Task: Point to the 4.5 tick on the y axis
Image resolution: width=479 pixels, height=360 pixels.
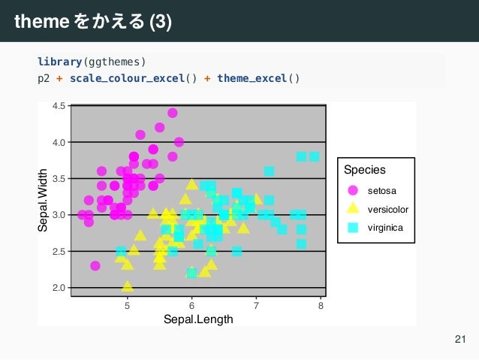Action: point(59,106)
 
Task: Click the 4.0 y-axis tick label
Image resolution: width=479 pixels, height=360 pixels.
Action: point(59,142)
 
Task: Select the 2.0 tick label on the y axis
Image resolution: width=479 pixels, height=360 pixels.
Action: point(59,288)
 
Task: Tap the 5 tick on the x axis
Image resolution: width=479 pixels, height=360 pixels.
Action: point(127,304)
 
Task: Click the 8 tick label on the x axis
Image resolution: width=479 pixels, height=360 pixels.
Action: point(321,304)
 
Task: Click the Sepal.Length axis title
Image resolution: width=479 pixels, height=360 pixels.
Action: point(198,319)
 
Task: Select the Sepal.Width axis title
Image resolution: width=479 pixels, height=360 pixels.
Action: point(43,199)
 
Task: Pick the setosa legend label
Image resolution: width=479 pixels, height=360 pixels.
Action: point(381,190)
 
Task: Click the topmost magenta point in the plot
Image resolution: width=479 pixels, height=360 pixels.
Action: point(173,113)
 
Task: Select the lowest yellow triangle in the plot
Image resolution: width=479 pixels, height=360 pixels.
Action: point(128,286)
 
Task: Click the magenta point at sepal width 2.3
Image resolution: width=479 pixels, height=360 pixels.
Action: point(95,265)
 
